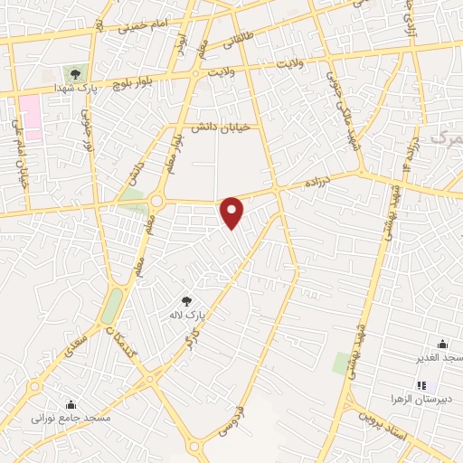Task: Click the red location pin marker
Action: (x=232, y=212)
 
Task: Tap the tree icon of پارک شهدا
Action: (x=74, y=75)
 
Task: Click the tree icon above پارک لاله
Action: (x=186, y=300)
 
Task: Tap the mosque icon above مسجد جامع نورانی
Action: (x=71, y=403)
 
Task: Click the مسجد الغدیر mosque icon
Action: (x=442, y=344)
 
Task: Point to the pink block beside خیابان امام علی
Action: (x=32, y=117)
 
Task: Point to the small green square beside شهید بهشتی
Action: (x=341, y=364)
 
